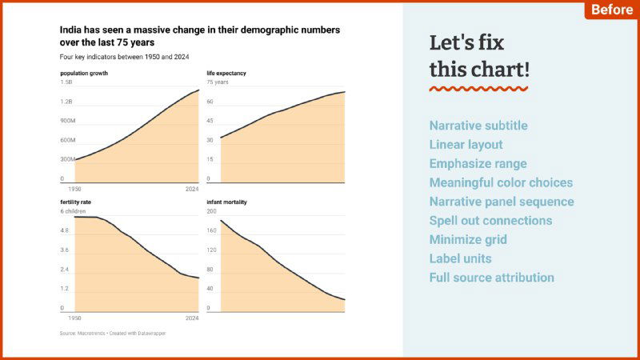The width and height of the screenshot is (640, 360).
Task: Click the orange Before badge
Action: coord(610,10)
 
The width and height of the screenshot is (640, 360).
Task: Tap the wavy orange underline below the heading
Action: coord(478,89)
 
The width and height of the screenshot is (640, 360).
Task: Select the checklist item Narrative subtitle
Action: coord(478,126)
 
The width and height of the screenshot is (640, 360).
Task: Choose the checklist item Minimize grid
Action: coord(468,239)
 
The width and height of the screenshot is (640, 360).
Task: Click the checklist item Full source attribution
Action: coord(491,278)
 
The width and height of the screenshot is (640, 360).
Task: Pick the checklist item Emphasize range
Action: coord(478,163)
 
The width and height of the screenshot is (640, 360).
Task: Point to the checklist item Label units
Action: coord(460,258)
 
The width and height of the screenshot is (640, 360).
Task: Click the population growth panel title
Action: coord(84,74)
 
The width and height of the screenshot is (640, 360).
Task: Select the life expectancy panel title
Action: coord(226,74)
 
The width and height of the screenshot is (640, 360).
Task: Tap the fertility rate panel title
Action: coord(77,202)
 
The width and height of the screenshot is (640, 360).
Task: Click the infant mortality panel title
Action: coord(226,202)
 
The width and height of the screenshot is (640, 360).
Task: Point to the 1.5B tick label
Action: coord(66,82)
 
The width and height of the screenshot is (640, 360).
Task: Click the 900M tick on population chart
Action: coord(68,121)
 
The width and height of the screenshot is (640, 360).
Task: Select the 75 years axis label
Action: coord(218,82)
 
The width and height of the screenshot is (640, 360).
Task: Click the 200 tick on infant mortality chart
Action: coord(212,211)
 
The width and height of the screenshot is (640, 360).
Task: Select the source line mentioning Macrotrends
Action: coord(113,333)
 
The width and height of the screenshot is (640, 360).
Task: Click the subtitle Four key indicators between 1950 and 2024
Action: coord(124,58)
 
